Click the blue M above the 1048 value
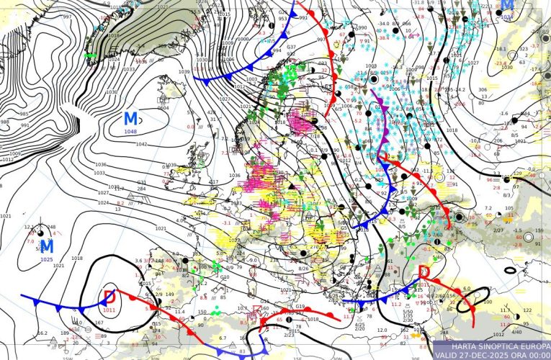[x=131, y=119]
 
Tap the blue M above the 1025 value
[x=48, y=247]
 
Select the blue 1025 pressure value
[x=47, y=259]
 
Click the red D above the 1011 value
[x=109, y=297]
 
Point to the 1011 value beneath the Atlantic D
[x=109, y=310]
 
